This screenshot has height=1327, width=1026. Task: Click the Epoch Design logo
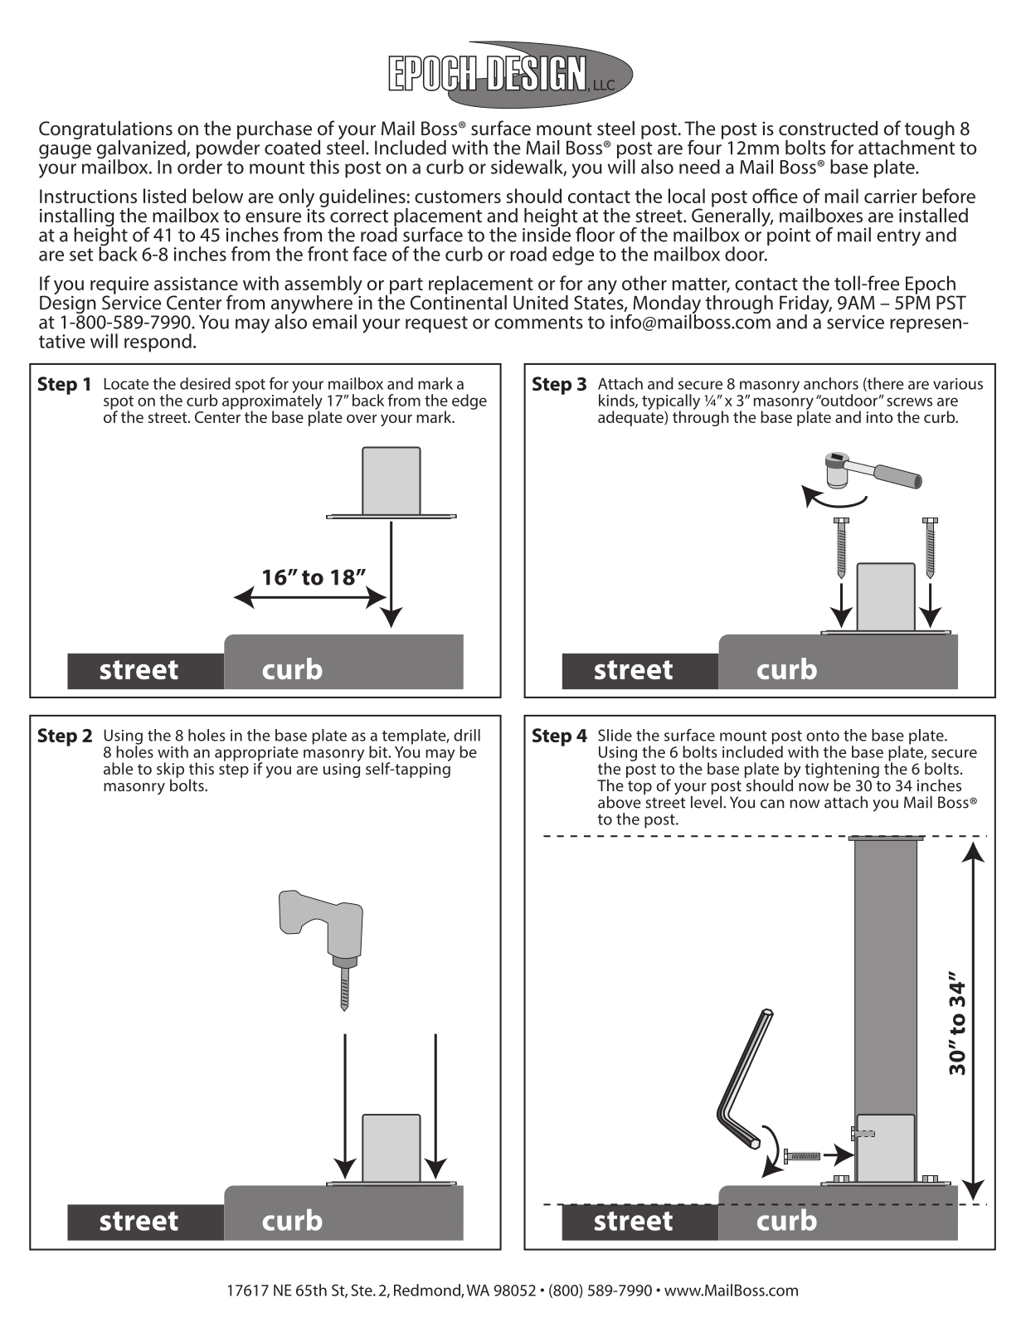click(510, 75)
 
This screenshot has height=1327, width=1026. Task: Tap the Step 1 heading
click(64, 385)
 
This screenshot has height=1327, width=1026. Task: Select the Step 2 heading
click(65, 736)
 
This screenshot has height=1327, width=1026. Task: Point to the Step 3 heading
click(559, 385)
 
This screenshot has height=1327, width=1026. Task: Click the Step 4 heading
click(559, 736)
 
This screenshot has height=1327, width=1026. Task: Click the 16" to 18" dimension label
click(314, 577)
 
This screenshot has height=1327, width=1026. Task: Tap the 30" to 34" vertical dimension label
click(958, 1032)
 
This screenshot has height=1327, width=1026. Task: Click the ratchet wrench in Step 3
click(873, 471)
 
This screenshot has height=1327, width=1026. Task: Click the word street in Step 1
click(139, 670)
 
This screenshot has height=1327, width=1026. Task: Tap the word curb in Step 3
click(786, 670)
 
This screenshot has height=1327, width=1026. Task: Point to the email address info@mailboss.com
click(690, 323)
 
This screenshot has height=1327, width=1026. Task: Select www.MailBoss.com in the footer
click(732, 1291)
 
